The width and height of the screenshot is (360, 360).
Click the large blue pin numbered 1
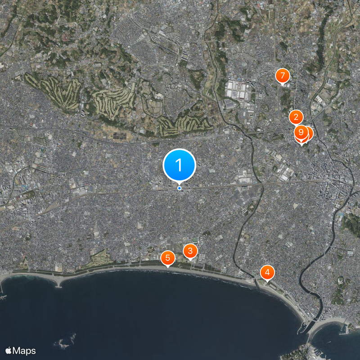(179, 165)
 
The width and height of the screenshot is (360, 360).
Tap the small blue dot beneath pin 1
(179, 188)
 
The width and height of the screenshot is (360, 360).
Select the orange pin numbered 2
(296, 117)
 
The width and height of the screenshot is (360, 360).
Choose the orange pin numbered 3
(190, 251)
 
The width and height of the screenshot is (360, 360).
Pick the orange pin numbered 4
(267, 272)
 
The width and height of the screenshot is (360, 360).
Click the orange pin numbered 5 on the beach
(167, 258)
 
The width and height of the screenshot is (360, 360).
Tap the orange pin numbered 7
(282, 76)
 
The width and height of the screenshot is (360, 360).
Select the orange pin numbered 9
(301, 132)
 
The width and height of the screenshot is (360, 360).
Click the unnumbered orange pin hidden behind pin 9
(308, 132)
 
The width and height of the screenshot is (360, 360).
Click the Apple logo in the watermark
(9, 351)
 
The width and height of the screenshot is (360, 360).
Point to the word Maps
(24, 351)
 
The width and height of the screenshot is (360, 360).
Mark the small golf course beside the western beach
(101, 258)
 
